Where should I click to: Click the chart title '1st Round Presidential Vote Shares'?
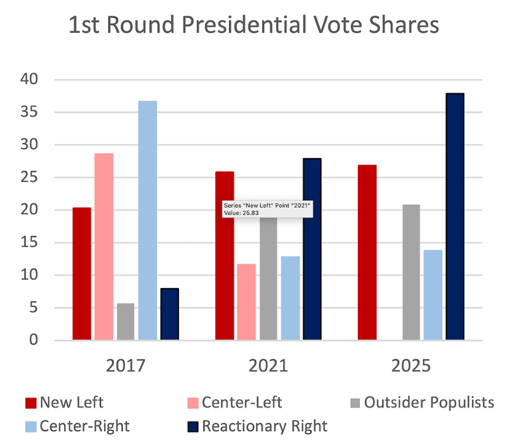(253, 26)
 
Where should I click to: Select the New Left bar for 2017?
(81, 274)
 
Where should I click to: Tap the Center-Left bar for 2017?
(104, 246)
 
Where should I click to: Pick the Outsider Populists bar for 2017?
(126, 321)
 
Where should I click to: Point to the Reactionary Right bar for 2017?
(170, 314)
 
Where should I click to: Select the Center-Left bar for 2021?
(246, 302)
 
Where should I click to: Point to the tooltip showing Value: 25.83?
(267, 209)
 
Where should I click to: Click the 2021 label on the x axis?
(268, 366)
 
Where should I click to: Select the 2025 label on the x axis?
(410, 366)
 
